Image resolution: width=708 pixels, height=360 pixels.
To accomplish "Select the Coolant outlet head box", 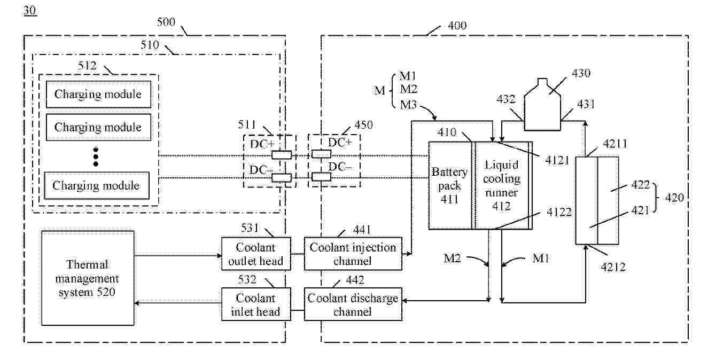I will tap(256, 254).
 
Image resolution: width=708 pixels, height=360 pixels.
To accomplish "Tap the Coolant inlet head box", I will tap(256, 304).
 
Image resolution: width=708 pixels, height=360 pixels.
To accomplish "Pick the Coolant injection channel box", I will tap(353, 254).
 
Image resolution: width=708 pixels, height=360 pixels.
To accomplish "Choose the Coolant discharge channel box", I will tap(353, 304).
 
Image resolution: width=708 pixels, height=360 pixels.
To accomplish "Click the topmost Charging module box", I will tap(98, 95).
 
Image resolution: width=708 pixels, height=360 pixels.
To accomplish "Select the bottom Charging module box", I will tap(96, 185).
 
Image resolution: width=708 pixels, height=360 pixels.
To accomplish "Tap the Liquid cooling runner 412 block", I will tap(501, 185).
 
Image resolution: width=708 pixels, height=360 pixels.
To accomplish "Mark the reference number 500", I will tap(166, 22).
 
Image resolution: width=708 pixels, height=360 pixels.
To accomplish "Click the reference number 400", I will tap(455, 25).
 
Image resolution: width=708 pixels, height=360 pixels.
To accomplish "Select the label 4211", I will tap(614, 144).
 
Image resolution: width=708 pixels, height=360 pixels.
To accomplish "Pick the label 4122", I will tap(559, 212).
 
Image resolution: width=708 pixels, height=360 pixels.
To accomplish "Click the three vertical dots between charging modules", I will tap(96, 156).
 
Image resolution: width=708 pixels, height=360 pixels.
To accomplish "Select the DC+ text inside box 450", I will tap(340, 143).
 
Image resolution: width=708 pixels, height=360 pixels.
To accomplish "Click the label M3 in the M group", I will tap(409, 105).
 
